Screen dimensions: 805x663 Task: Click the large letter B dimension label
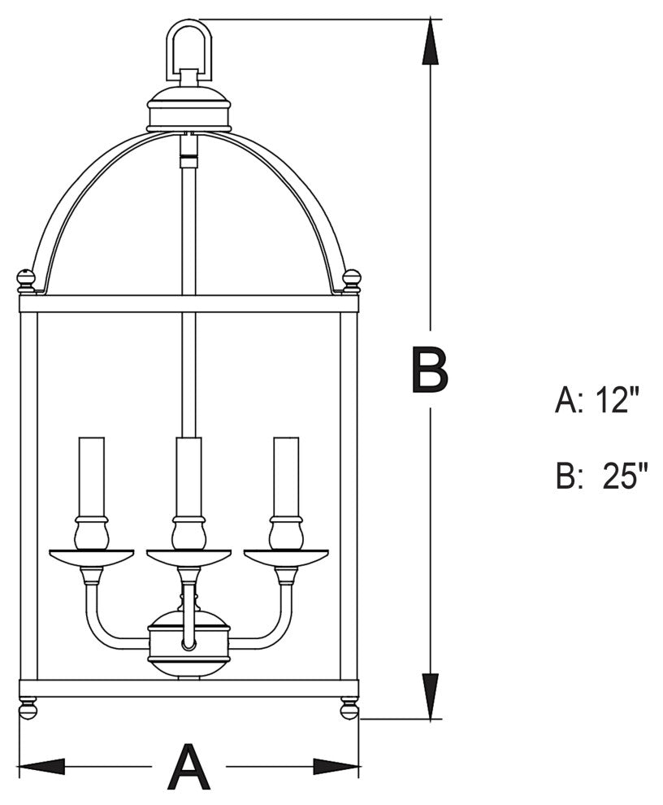[430, 370]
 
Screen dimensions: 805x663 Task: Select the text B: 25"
[602, 476]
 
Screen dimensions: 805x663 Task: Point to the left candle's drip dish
[91, 557]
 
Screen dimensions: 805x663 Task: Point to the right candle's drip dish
[286, 557]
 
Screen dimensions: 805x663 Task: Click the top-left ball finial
[27, 281]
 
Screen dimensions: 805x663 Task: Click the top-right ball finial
[351, 281]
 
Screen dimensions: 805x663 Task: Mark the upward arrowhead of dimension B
[431, 45]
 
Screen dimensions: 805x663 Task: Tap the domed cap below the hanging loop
[188, 108]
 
